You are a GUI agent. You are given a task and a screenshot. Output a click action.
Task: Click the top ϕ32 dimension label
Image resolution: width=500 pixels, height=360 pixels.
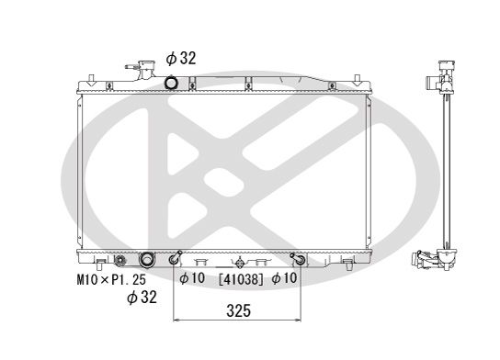(181, 58)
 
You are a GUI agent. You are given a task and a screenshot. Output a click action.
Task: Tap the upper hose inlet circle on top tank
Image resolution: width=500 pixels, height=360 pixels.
(170, 84)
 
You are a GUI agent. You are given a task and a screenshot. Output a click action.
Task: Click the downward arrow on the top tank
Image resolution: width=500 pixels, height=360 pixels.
(192, 86)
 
